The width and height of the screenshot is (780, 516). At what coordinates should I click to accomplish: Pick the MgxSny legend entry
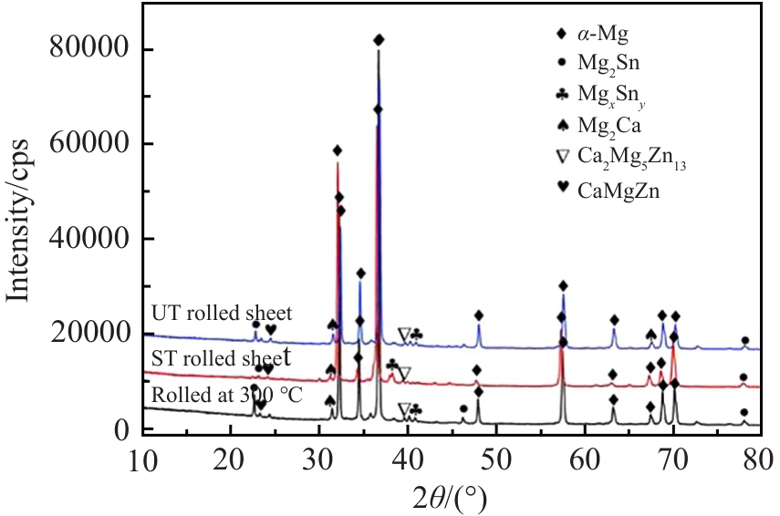(607, 93)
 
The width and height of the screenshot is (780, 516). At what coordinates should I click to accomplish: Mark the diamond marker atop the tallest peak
(380, 40)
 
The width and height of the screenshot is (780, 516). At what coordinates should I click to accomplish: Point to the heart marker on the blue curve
(271, 329)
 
